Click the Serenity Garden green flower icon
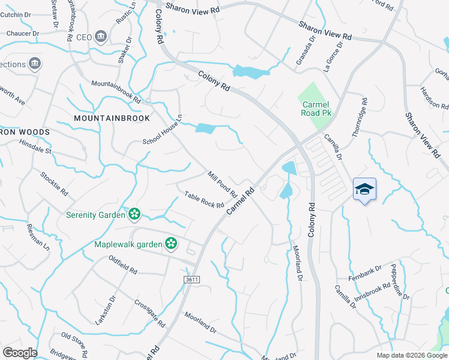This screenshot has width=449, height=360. [134, 214]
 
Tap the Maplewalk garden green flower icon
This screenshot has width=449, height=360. [171, 243]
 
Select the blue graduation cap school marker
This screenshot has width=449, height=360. [364, 190]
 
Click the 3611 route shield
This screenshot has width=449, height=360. [192, 280]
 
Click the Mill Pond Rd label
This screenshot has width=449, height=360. [223, 185]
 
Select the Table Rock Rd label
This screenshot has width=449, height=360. [204, 200]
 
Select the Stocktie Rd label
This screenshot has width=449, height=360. [54, 182]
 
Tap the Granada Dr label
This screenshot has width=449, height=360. [306, 51]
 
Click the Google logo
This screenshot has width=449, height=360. [20, 353]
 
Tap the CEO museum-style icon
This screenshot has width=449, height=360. [100, 37]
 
